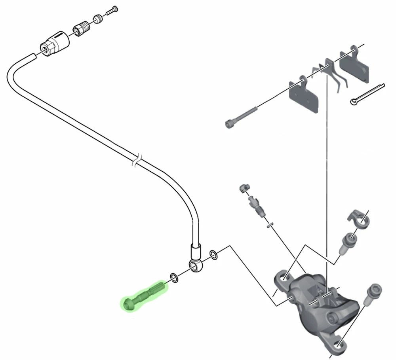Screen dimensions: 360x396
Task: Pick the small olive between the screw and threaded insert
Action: click(x=97, y=19)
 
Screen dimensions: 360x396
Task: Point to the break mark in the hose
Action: click(x=135, y=161)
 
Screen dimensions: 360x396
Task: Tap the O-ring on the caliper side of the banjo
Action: click(x=213, y=255)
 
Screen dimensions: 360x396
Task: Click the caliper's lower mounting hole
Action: click(x=336, y=345)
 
